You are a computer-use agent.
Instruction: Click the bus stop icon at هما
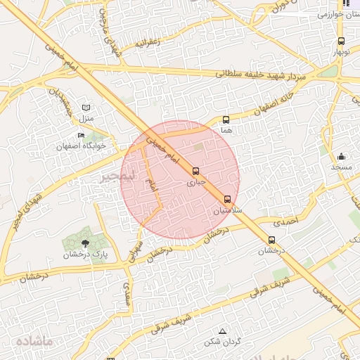pos(226,120)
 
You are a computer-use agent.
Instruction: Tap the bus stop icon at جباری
pos(195,171)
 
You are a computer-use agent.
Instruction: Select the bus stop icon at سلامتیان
pos(227,199)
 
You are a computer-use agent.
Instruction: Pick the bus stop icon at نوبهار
pos(341,41)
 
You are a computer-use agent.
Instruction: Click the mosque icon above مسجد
pos(342,156)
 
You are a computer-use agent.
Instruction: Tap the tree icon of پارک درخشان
pos(85,243)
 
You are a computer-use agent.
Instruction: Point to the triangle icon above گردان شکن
pos(223,330)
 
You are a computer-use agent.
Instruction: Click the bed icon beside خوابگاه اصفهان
pos(82,135)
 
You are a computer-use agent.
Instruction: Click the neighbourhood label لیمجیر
pos(115,175)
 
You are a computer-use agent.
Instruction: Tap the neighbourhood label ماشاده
pos(34,340)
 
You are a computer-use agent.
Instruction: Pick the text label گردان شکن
pos(222,342)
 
